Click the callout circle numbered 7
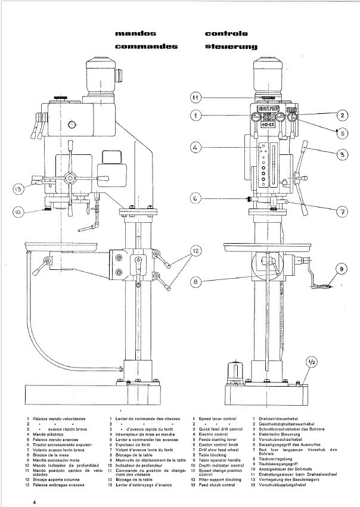pyautogui.click(x=344, y=210)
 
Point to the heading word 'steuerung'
pyautogui.click(x=230, y=46)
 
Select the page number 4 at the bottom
pyautogui.click(x=35, y=502)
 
